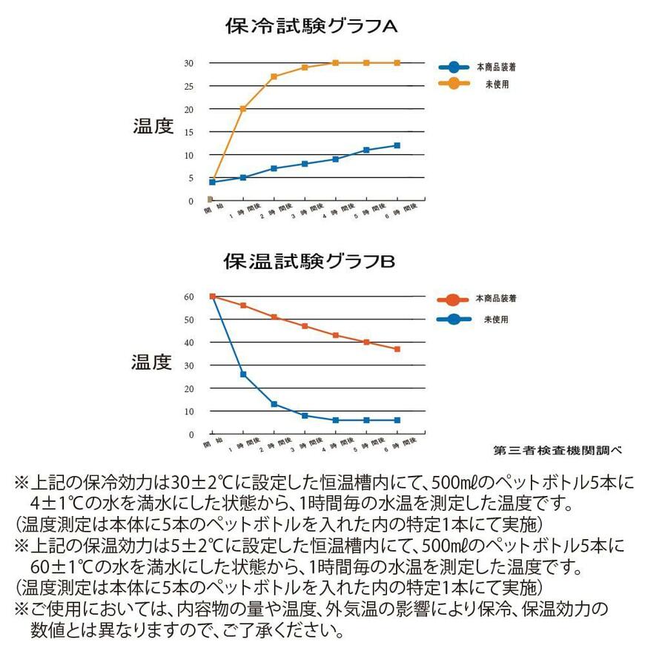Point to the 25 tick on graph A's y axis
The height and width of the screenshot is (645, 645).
[x=189, y=86]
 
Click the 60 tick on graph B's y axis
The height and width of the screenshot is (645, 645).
[x=189, y=297]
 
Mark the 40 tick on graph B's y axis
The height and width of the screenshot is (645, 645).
[x=189, y=343]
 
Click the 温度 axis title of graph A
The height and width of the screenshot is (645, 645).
[x=153, y=126]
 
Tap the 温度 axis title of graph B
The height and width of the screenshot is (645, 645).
[x=152, y=362]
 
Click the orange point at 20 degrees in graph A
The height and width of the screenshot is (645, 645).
[x=242, y=109]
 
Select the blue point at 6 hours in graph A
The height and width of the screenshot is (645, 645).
[x=397, y=145]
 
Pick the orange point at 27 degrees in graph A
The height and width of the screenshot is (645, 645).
[x=274, y=76]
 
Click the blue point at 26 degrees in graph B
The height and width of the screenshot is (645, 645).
[x=242, y=374]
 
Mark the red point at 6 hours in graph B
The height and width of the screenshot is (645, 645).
[x=397, y=349]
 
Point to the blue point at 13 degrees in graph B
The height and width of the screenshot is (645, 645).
[x=274, y=404]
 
